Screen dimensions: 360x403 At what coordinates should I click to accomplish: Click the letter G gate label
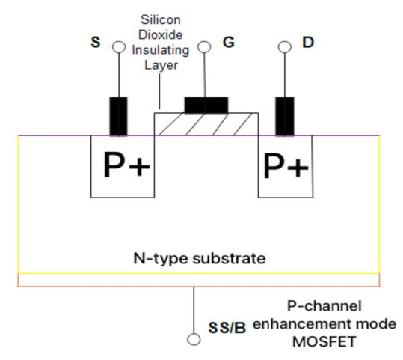click(228, 43)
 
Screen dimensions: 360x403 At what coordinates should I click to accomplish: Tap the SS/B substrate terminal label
click(227, 327)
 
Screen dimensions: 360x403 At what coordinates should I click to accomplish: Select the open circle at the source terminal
click(118, 47)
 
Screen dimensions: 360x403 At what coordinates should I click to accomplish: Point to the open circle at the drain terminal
click(284, 47)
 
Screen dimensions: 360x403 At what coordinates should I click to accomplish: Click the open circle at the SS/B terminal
click(194, 339)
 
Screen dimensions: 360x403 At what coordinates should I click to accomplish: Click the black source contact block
click(118, 116)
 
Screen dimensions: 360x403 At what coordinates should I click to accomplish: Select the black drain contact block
click(284, 116)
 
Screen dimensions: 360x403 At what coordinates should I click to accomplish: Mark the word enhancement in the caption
click(293, 324)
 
